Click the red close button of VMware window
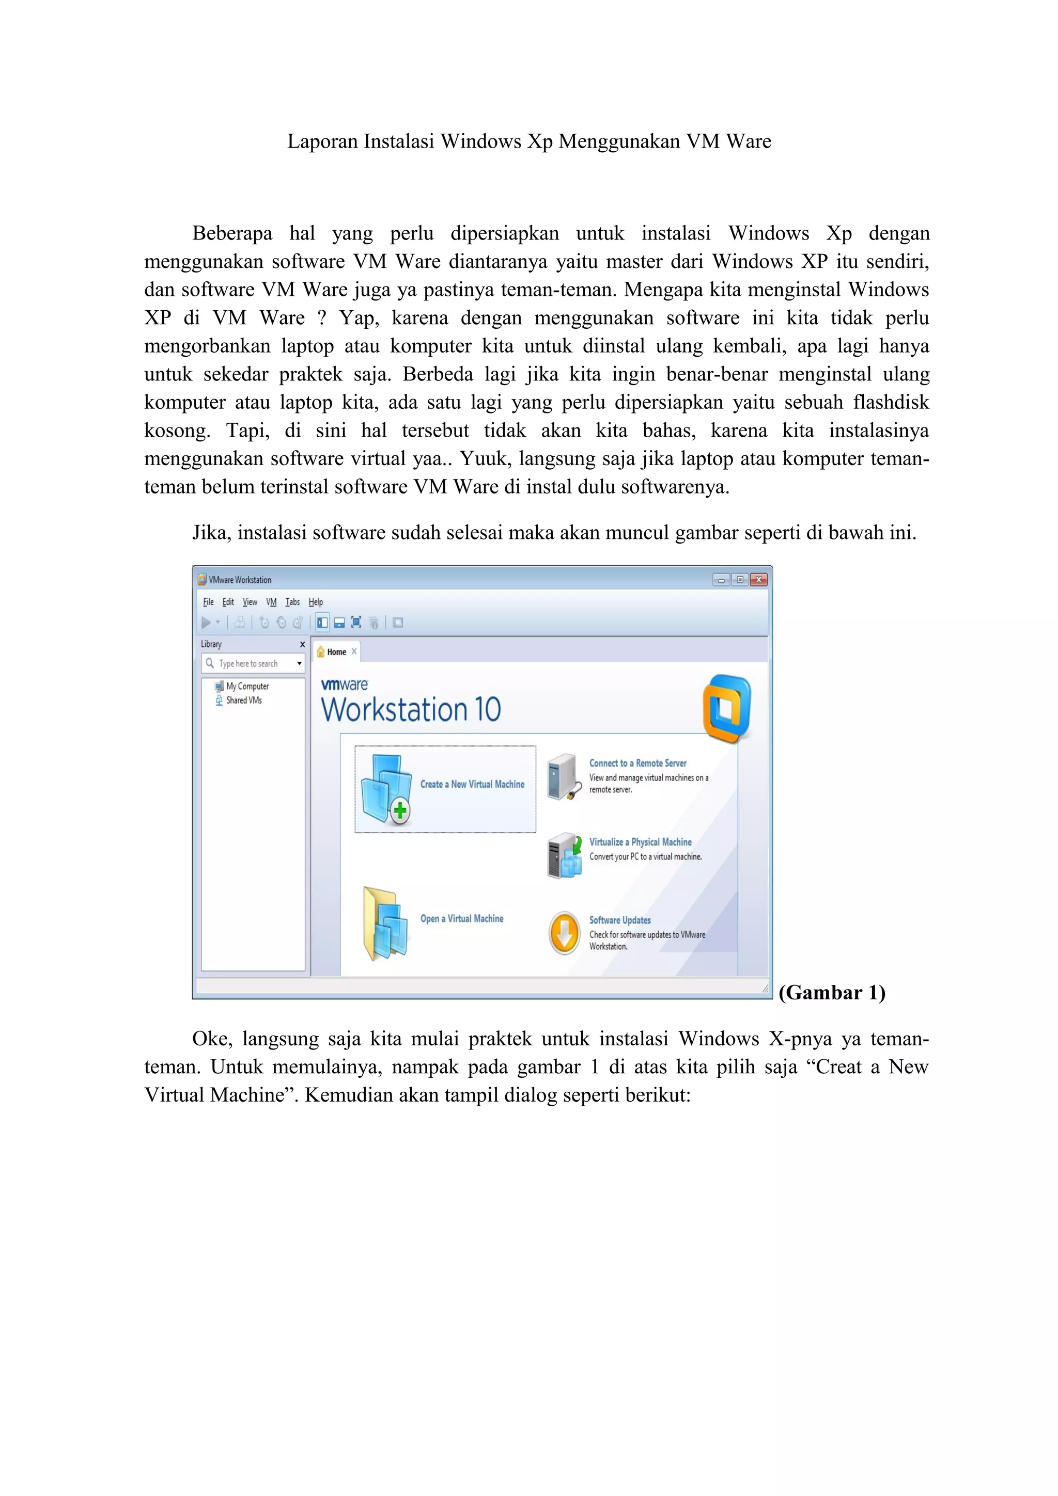[x=759, y=579]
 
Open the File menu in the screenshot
[x=208, y=601]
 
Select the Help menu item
[x=316, y=601]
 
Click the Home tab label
[x=336, y=651]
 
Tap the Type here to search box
[x=248, y=663]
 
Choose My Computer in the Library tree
[x=247, y=686]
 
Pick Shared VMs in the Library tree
[x=244, y=701]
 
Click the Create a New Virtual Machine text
[x=472, y=785]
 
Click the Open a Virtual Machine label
[x=461, y=919]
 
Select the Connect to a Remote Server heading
[x=637, y=763]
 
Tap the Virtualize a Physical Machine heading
[x=640, y=842]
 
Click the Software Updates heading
[x=619, y=920]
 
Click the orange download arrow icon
[x=564, y=933]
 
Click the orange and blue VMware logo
[x=727, y=708]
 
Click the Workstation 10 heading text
[x=411, y=710]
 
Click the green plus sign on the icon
[x=400, y=811]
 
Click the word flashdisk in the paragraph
[x=891, y=402]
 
